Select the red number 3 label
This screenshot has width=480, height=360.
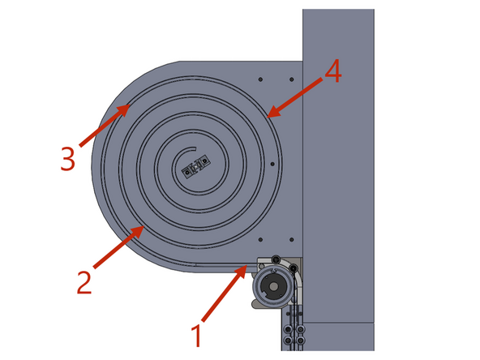point(67,159)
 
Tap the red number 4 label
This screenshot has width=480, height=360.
point(332,73)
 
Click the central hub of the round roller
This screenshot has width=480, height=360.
point(272,287)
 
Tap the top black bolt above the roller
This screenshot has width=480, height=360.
point(277,259)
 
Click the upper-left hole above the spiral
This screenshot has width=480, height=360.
point(259,79)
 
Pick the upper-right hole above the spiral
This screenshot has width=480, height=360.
point(289,79)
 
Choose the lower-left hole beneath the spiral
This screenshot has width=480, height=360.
point(259,239)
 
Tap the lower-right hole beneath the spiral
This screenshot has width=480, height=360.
point(289,239)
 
